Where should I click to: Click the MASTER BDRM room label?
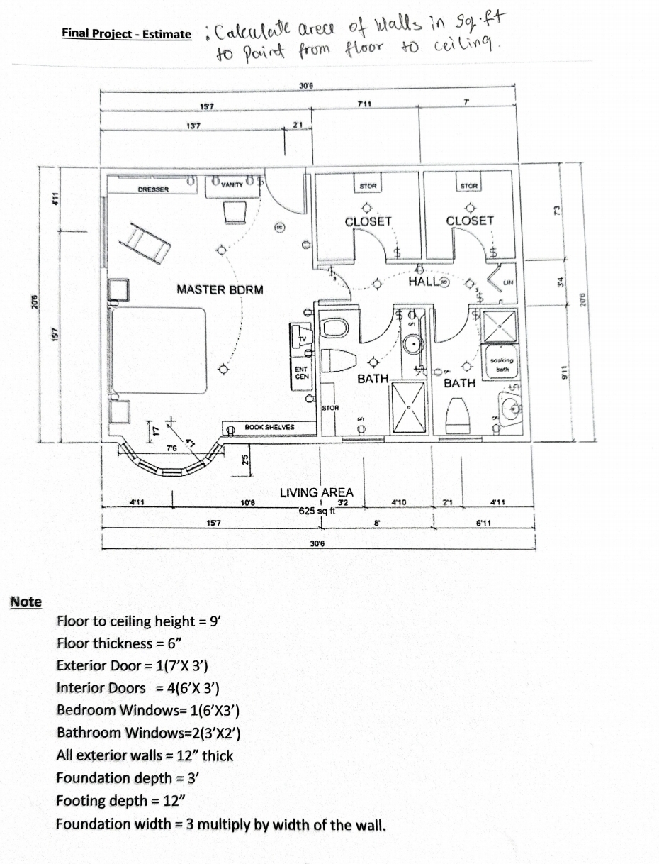[219, 289]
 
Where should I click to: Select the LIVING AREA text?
[316, 492]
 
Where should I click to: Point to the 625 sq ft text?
[316, 511]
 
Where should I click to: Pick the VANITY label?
[232, 184]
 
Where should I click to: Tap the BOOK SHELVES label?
[269, 427]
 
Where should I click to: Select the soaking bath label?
[500, 365]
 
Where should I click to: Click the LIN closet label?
[507, 282]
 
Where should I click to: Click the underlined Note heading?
[26, 602]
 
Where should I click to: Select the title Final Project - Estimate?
[125, 33]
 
